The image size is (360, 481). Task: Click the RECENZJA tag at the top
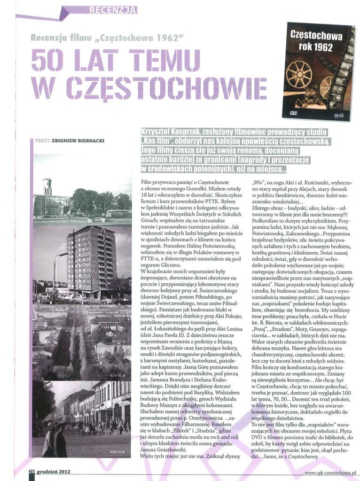113,9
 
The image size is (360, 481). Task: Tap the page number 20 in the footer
31,472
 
